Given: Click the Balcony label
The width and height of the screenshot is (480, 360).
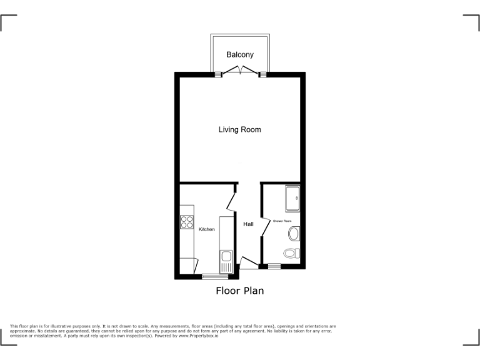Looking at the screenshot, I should [240, 55].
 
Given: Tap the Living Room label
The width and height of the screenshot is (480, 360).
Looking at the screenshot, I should [239, 130].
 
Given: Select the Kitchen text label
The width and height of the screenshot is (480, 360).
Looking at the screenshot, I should [207, 229].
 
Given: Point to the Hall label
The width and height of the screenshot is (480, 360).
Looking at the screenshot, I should [248, 224].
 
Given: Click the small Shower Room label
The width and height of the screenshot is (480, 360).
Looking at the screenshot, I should [282, 221].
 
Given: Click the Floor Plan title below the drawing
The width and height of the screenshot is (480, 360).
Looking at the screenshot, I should [240, 291].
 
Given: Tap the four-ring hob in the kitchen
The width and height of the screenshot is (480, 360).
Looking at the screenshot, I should [186, 222].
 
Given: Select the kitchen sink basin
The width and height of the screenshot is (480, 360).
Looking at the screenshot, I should [225, 256].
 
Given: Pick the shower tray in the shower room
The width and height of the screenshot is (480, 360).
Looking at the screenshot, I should [292, 198].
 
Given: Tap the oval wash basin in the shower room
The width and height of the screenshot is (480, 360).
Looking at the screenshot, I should [294, 234].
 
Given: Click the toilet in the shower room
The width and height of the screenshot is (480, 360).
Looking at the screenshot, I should [291, 253].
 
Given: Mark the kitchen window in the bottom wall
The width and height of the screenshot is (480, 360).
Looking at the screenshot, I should [216, 276].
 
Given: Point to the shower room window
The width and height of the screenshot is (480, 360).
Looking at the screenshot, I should [274, 266].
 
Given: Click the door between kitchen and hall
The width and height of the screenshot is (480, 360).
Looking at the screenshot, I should [231, 201].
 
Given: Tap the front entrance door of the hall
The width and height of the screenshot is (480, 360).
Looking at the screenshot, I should [249, 262].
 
